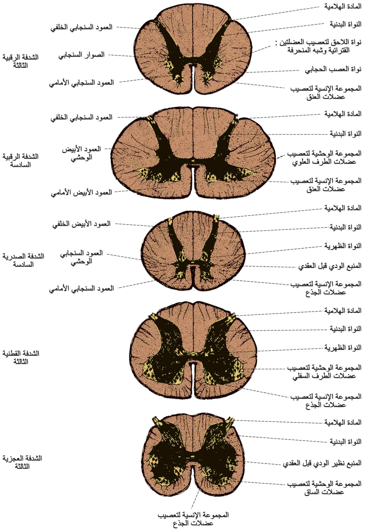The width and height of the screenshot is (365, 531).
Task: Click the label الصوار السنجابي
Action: tap(81, 55)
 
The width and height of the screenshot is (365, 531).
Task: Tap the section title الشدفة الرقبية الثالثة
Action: tap(20, 61)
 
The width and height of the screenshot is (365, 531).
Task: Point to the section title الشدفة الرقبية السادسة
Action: tap(20, 161)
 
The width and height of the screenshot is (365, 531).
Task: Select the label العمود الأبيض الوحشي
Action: tap(81, 153)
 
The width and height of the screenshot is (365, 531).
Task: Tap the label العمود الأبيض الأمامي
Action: tap(81, 193)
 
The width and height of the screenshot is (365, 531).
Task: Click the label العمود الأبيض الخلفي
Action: tap(81, 224)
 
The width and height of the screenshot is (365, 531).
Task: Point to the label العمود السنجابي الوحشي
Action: tap(81, 257)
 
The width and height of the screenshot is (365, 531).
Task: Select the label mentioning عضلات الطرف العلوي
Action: tap(324, 158)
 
